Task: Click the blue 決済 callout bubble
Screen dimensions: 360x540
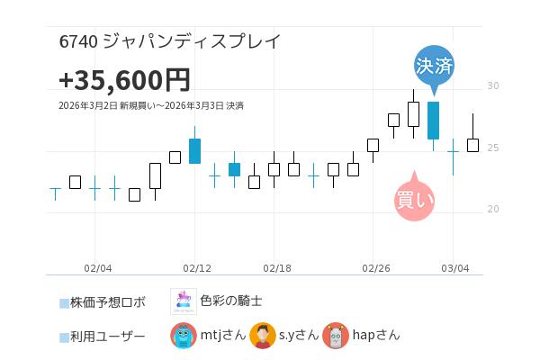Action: coord(434,66)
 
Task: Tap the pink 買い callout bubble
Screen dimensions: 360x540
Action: coord(414,199)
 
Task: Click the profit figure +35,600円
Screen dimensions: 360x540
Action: coord(124,80)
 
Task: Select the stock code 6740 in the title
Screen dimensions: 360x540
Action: coord(78,41)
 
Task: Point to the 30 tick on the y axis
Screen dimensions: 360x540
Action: coord(492,86)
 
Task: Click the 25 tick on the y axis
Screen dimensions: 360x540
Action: coord(492,148)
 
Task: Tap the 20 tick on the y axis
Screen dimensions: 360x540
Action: coord(492,209)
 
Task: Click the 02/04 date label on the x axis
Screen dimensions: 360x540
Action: coord(97,268)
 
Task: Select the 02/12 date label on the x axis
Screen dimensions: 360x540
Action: coord(196,268)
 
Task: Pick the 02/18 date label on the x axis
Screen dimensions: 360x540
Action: coord(276,268)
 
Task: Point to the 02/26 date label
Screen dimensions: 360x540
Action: coord(375,268)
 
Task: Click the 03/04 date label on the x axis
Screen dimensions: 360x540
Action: coord(455,268)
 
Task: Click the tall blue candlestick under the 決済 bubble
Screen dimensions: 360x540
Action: coord(433,121)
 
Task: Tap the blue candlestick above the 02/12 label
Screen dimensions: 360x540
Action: coord(194,150)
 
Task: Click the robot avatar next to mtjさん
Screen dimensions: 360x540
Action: coord(184,336)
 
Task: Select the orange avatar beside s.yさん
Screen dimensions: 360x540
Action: coord(262,336)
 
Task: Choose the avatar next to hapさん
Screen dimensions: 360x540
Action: coord(336,336)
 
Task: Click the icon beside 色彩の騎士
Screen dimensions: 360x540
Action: coord(184,301)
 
